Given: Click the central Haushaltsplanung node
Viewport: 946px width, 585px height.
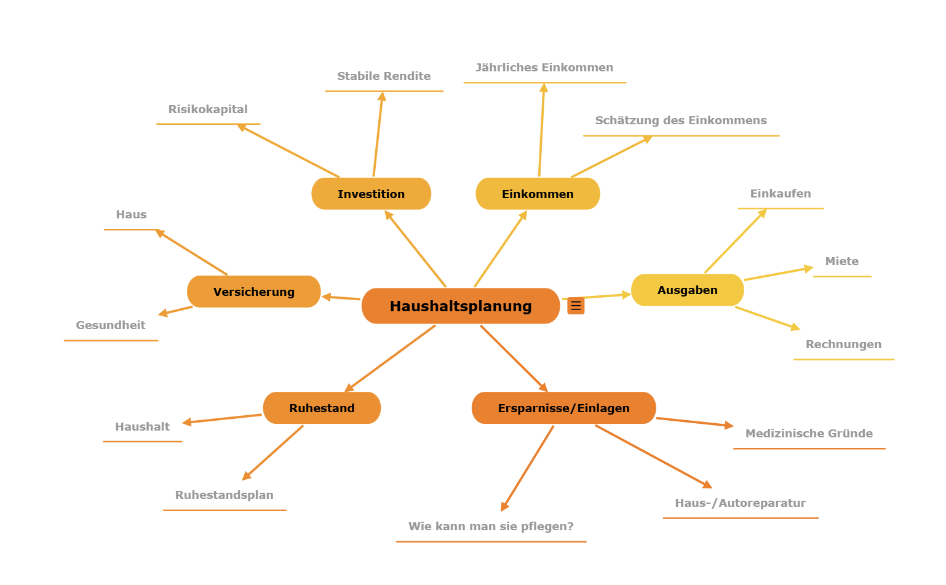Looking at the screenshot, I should click(460, 306).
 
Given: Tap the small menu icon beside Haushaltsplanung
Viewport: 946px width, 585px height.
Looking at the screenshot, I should click(576, 306).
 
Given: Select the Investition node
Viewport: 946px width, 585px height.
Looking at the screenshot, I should click(371, 194).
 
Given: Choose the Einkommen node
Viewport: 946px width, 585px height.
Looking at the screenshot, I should click(538, 194).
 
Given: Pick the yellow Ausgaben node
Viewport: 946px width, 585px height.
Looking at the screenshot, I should click(687, 290).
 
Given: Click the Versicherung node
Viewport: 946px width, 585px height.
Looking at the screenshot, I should click(253, 292).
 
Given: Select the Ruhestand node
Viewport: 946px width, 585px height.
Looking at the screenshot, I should click(322, 408).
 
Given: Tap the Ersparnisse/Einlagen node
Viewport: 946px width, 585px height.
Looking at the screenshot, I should click(563, 408).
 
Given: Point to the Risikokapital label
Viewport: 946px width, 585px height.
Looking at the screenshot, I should click(208, 109).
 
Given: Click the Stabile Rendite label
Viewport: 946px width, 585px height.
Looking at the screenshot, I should click(384, 76).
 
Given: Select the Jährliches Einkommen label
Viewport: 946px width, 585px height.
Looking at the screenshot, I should click(544, 68).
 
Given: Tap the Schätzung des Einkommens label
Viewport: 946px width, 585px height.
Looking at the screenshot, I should click(681, 121).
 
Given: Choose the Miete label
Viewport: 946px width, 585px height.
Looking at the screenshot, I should click(841, 261).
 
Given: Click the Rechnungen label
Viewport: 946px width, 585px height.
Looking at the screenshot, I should click(843, 344).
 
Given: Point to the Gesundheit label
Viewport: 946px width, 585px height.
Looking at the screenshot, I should click(111, 325).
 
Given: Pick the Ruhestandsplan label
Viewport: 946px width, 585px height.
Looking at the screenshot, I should click(224, 495).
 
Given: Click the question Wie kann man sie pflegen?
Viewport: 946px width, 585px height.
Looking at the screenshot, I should click(491, 527).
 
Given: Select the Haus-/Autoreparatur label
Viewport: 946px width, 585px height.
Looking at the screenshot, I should click(740, 503).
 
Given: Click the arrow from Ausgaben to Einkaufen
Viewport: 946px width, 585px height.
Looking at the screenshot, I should click(735, 241).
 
